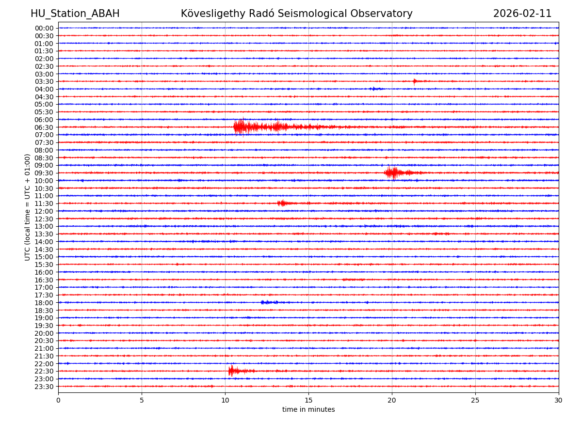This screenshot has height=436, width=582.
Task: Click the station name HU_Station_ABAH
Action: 75,14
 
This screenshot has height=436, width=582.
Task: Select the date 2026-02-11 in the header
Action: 522,14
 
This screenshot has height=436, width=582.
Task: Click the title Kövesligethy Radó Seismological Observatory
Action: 296,14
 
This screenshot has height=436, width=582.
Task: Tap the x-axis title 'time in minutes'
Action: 308,409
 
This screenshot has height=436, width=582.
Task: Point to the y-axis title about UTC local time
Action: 28,207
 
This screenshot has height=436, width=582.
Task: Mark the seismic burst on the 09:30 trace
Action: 393,172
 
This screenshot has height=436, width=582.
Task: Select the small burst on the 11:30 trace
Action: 282,203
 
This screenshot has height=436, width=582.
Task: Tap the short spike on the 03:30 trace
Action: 415,81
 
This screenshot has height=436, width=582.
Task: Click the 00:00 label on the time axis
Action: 44,28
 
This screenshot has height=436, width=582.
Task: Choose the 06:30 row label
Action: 44,127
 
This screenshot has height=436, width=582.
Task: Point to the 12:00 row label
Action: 44,211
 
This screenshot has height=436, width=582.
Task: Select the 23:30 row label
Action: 44,387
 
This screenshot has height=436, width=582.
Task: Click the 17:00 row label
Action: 44,287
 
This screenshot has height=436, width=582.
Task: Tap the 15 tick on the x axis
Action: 308,400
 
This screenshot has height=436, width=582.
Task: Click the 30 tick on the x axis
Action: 559,400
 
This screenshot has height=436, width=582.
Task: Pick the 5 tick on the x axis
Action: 142,400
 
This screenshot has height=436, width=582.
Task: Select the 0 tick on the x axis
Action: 58,400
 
